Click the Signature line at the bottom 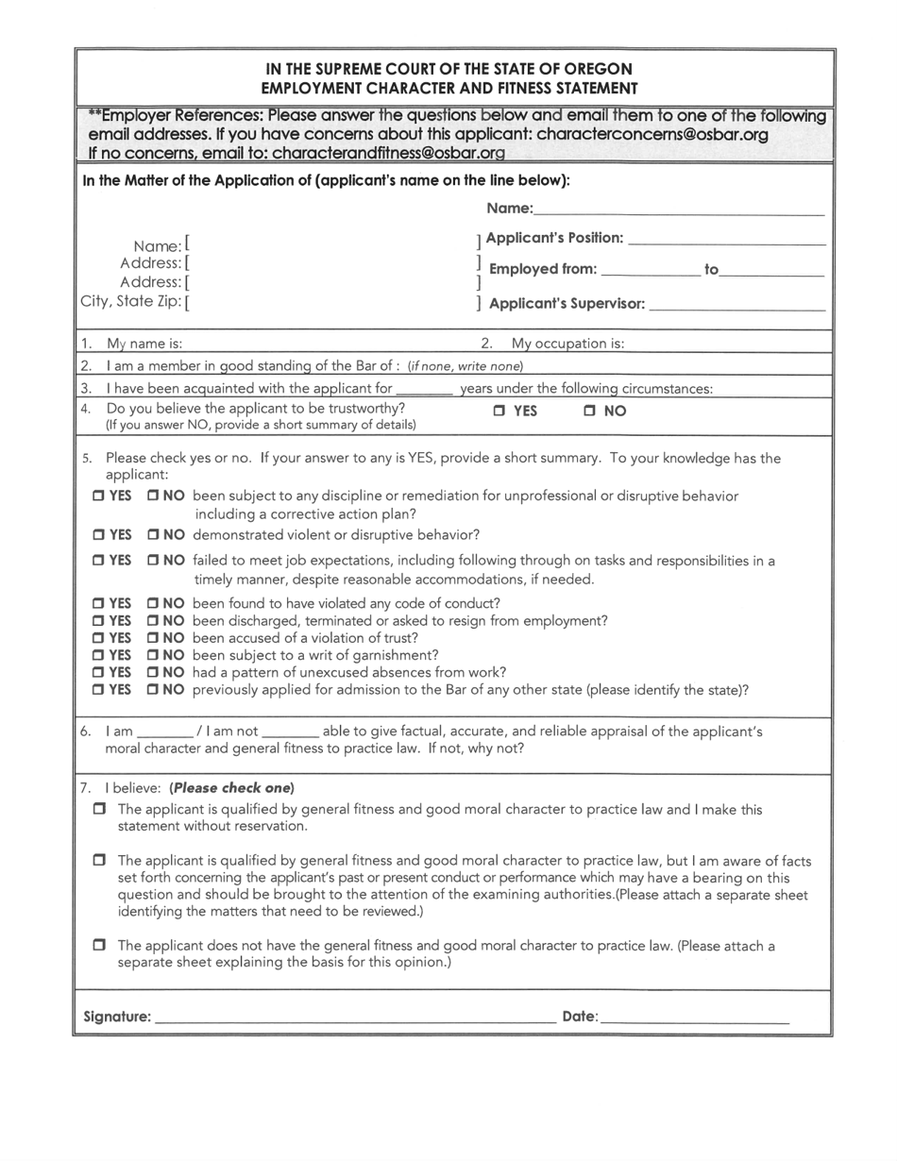[x=354, y=1018]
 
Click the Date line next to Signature [x=694, y=1018]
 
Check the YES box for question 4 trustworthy [x=499, y=412]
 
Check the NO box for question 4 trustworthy [x=589, y=412]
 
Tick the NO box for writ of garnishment [x=153, y=655]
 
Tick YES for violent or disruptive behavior [x=98, y=535]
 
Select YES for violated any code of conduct [x=98, y=604]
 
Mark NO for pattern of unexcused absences [x=153, y=673]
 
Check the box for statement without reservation [x=99, y=810]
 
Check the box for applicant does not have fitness [x=99, y=945]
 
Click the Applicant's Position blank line [x=726, y=239]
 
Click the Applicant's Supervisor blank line [x=737, y=305]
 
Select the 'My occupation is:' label [x=567, y=344]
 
